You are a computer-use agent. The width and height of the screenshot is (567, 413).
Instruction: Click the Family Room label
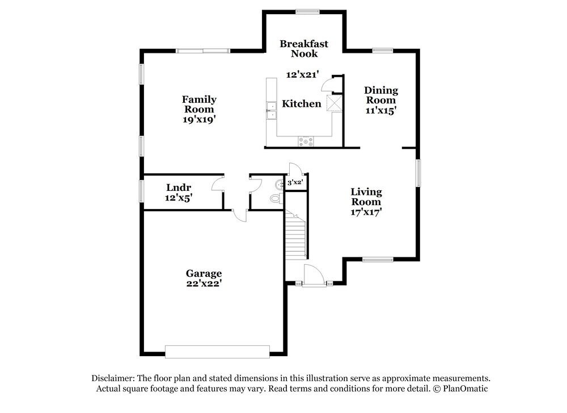[199, 105]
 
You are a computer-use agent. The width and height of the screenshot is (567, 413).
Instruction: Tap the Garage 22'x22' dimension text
[204, 283]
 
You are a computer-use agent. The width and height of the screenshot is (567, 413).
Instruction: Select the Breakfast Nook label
[304, 48]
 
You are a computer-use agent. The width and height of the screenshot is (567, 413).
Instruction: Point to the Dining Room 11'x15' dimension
[381, 111]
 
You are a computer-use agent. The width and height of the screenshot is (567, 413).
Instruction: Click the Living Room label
[366, 197]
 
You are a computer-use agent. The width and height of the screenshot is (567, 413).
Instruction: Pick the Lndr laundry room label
[179, 187]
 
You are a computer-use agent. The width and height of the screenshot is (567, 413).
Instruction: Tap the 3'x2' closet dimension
[295, 182]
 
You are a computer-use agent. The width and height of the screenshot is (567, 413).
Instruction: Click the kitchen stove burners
[306, 141]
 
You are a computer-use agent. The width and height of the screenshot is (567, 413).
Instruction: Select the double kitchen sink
[271, 111]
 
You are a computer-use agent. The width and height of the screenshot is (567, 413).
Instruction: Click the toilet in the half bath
[277, 199]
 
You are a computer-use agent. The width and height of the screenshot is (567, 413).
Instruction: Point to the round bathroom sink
[280, 185]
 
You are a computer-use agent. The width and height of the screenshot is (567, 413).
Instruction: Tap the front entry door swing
[314, 276]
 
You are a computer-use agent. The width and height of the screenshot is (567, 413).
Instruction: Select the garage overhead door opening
[217, 352]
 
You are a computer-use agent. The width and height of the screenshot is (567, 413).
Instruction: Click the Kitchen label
[302, 104]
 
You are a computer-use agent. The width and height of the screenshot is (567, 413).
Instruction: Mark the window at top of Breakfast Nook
[307, 11]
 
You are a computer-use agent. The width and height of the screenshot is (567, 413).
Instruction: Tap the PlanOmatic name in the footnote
[466, 389]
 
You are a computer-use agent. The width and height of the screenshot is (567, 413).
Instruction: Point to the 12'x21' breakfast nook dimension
[302, 74]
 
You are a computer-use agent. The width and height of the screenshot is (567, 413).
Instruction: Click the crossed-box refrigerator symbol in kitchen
[335, 103]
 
